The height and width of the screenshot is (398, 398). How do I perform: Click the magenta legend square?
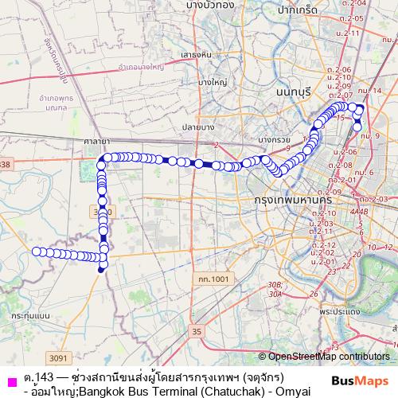tap(10, 378)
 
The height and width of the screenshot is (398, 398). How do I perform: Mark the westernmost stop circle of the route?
tap(36, 252)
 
